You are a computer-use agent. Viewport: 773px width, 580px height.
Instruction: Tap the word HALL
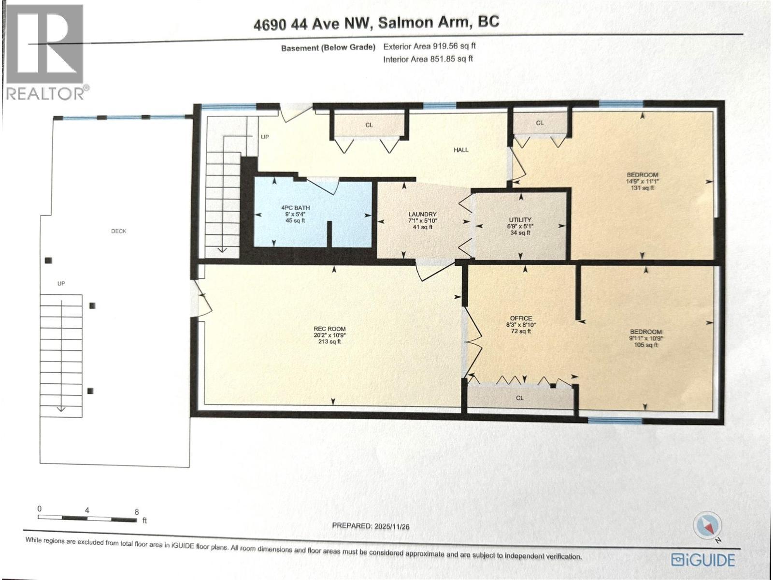click(x=461, y=150)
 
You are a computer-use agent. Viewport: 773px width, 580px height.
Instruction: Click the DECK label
click(x=118, y=231)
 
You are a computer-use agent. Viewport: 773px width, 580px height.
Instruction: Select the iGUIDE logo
click(x=703, y=560)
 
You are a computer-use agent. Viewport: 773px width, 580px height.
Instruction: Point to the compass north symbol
click(x=707, y=526)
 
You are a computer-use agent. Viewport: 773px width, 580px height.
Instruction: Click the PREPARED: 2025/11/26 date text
click(x=371, y=526)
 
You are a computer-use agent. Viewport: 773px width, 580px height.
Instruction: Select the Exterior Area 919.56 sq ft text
click(x=429, y=46)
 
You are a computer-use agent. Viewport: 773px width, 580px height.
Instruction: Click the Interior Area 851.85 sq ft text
click(x=428, y=59)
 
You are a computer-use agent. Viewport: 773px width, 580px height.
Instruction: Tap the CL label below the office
click(x=520, y=398)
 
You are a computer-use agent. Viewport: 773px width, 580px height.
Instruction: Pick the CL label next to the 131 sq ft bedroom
click(x=540, y=123)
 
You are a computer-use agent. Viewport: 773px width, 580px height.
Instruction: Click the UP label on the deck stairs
click(x=61, y=284)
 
